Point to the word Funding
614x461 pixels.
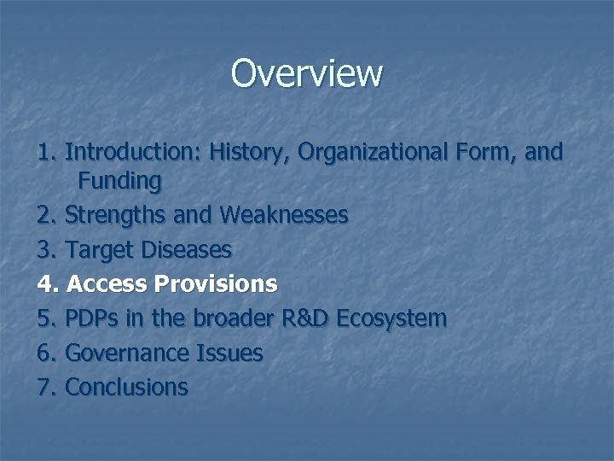pyautogui.click(x=119, y=181)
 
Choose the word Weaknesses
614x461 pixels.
pyautogui.click(x=283, y=215)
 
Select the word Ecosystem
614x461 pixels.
pyautogui.click(x=391, y=318)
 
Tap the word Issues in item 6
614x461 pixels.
pyautogui.click(x=231, y=353)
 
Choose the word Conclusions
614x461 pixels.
pyautogui.click(x=126, y=387)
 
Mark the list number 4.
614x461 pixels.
pyautogui.click(x=46, y=283)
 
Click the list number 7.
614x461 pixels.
pyautogui.click(x=46, y=387)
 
